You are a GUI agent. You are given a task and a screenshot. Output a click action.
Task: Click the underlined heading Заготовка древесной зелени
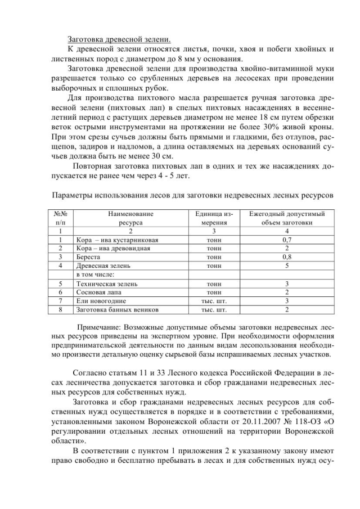click(119, 39)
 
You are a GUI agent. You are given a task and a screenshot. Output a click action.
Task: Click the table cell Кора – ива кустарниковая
click(116, 240)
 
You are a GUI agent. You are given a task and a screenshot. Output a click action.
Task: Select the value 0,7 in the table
click(286, 240)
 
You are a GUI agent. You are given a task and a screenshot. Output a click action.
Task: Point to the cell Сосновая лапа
click(97, 292)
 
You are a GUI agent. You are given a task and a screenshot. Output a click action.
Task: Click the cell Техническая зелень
click(105, 283)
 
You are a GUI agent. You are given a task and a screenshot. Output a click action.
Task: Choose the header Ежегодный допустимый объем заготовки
click(286, 218)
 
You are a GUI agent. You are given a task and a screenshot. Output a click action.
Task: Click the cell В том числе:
click(95, 274)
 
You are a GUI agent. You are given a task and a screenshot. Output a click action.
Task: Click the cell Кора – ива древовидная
click(114, 248)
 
